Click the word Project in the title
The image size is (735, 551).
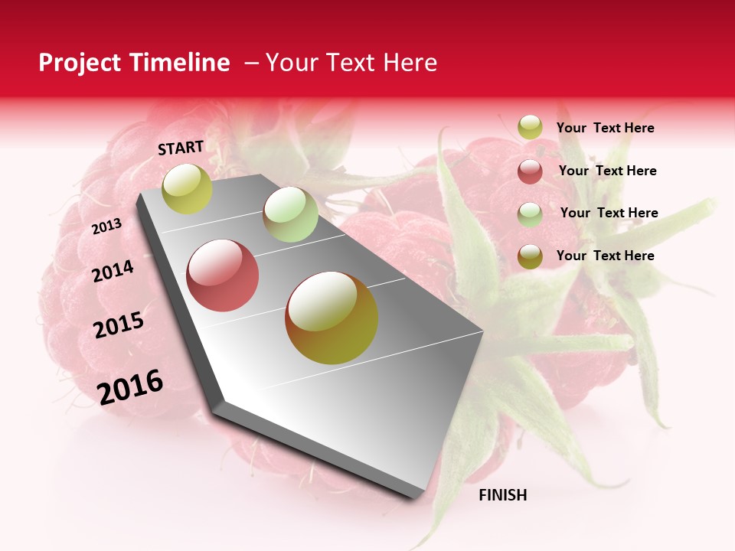[77, 64]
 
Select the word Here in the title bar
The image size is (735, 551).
[410, 63]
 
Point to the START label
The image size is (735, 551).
[181, 148]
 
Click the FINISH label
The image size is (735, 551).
[502, 495]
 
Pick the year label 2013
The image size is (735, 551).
[107, 227]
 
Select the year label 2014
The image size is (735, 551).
[113, 271]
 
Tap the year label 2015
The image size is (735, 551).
[119, 325]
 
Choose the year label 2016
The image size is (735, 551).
[130, 386]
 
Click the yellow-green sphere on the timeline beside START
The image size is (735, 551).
[188, 188]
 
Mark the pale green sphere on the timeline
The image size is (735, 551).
[290, 214]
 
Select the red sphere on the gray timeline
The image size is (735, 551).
[223, 275]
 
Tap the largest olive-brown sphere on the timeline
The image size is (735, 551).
[332, 318]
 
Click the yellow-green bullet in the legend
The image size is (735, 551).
[530, 128]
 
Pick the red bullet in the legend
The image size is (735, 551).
[530, 171]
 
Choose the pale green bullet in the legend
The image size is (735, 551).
[530, 214]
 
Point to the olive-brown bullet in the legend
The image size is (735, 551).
[530, 256]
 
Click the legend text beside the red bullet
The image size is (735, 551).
[607, 171]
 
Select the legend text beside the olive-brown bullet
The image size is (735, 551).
[605, 256]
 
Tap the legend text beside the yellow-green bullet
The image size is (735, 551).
[605, 128]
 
